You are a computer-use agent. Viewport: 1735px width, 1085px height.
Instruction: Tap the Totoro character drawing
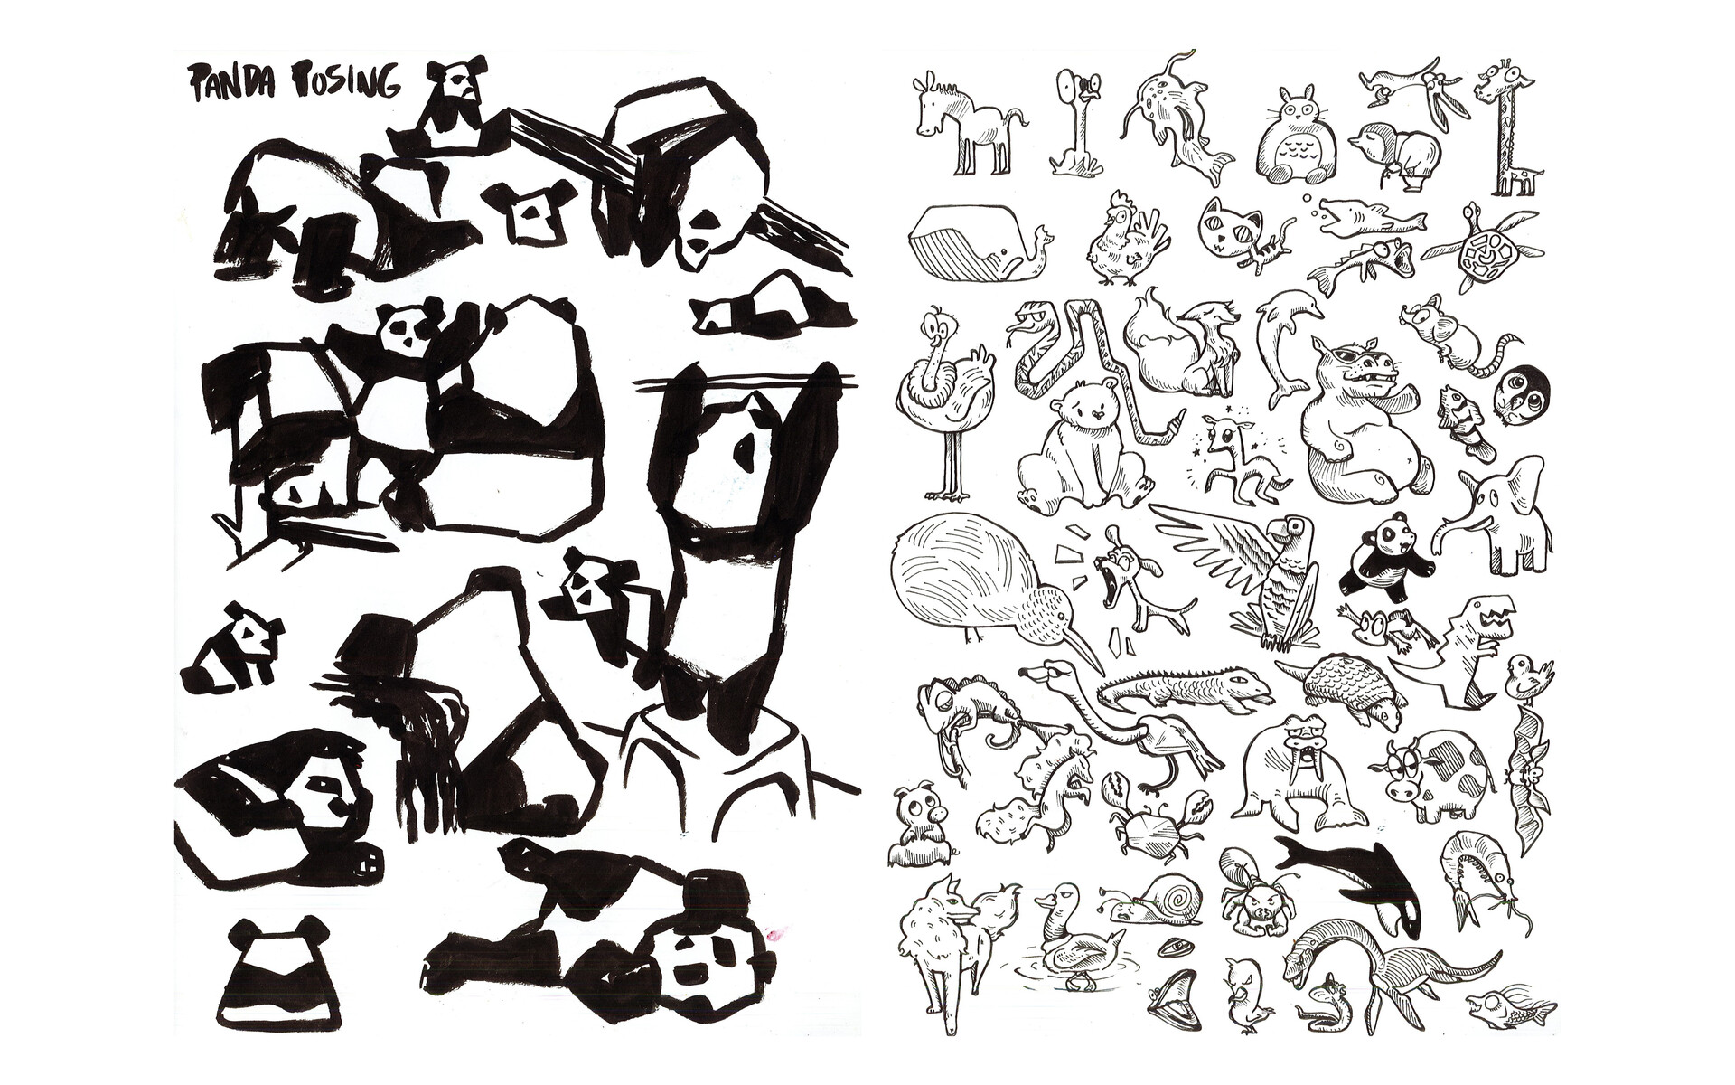point(1290,138)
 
